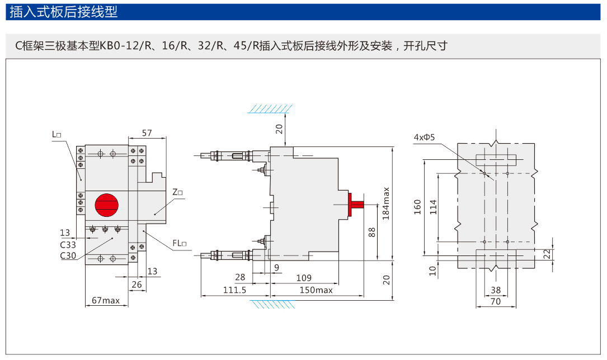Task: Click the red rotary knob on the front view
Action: tap(106, 205)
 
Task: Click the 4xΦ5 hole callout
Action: tap(425, 137)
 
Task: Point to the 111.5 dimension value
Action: tap(235, 290)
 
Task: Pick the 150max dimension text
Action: tap(316, 290)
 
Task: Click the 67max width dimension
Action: tap(106, 300)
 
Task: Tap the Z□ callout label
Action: tap(178, 192)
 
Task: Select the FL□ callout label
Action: tap(180, 243)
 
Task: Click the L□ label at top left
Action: tap(57, 134)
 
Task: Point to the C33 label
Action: tap(68, 244)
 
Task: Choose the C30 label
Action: tap(68, 255)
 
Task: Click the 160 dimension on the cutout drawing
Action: tap(417, 207)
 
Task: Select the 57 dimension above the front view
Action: tap(147, 133)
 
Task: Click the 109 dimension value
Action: tap(304, 278)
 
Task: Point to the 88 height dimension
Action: tap(372, 231)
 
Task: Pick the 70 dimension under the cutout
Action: tap(495, 301)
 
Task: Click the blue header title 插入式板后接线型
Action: tap(64, 12)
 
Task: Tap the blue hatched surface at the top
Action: tap(271, 107)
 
